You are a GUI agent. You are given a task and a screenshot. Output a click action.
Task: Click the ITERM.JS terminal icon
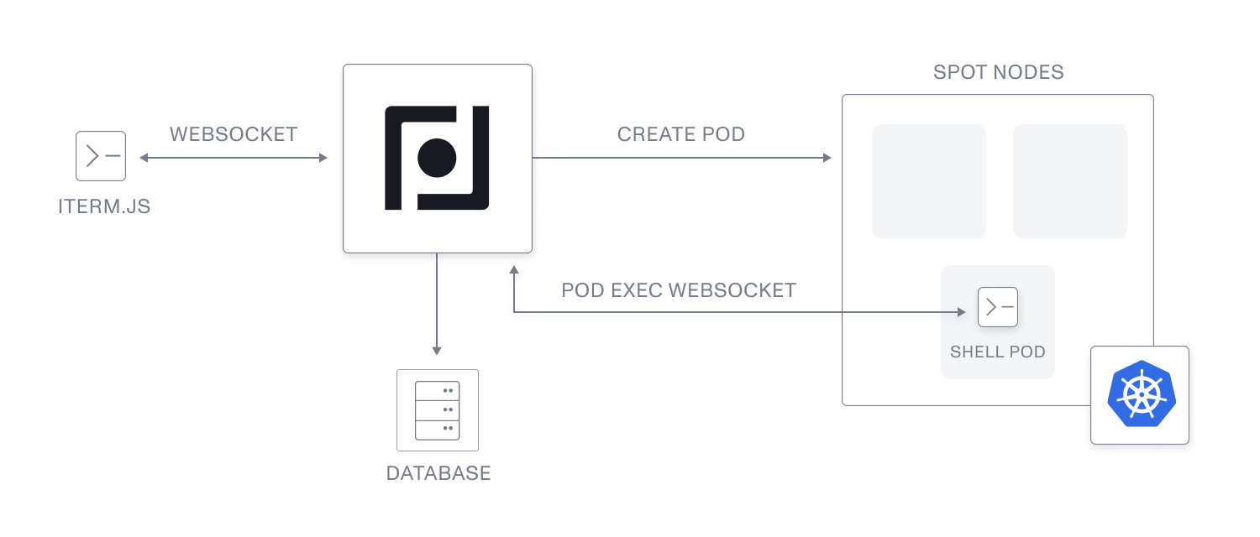point(101,156)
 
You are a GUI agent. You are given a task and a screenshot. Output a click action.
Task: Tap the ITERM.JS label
point(104,206)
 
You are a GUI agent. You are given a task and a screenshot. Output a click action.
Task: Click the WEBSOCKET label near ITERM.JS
point(234,134)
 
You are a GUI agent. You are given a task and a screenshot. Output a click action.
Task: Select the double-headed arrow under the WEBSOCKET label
point(234,158)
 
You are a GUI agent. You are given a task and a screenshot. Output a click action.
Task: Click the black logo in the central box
point(437,158)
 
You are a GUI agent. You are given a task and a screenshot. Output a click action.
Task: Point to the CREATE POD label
point(681,134)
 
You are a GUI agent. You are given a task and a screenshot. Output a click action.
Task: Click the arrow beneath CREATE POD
point(681,158)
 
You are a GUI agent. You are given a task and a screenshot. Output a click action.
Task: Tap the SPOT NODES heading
point(999,72)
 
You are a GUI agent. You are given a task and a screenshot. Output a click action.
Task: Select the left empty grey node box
point(929,181)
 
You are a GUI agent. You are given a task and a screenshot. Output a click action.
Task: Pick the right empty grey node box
point(1070,181)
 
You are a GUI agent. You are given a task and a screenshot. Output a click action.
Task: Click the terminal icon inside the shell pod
point(998,308)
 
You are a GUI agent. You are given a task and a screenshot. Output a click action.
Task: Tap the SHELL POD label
point(998,352)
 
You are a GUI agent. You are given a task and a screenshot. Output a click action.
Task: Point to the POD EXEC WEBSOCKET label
point(679,290)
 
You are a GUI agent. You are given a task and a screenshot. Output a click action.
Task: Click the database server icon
point(438,410)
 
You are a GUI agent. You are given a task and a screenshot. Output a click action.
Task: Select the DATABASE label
point(438,473)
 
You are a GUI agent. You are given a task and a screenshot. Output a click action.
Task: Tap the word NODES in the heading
point(1028,72)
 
